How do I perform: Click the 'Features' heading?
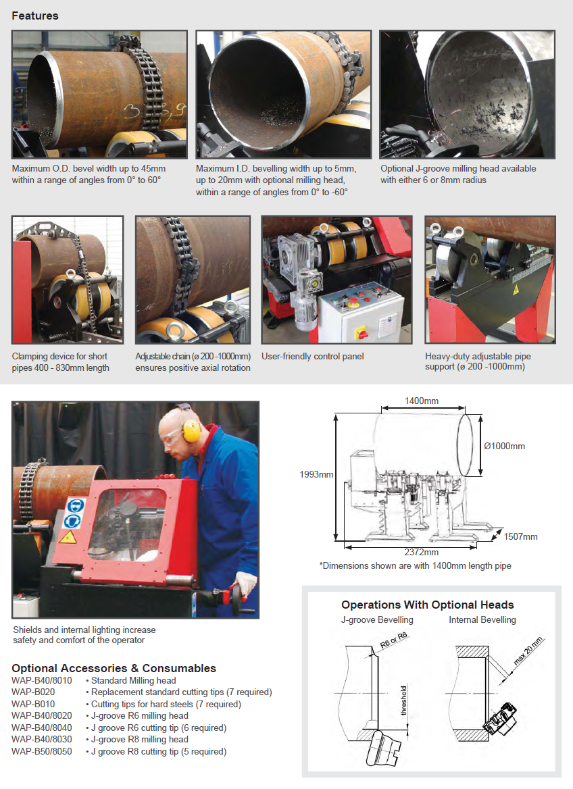point(34,16)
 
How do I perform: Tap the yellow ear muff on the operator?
point(191,431)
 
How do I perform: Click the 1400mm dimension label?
point(422,401)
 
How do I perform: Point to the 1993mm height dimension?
point(316,474)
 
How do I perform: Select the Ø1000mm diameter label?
point(505,446)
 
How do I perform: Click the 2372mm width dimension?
point(422,552)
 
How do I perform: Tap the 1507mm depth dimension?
point(521,536)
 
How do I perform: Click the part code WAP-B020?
point(33,692)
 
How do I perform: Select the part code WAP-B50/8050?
point(42,751)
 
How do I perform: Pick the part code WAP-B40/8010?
point(42,680)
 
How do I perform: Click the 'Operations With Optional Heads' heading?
point(428,605)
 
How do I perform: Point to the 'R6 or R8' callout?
point(394,640)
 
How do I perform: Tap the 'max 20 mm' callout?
point(528,651)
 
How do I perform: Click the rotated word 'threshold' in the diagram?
point(403,700)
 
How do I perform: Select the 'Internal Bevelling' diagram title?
point(482,620)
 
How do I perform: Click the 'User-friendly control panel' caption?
point(312,356)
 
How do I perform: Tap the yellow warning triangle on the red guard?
point(68,538)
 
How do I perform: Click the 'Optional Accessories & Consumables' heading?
point(114,668)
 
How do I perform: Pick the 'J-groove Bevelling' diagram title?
point(377,620)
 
